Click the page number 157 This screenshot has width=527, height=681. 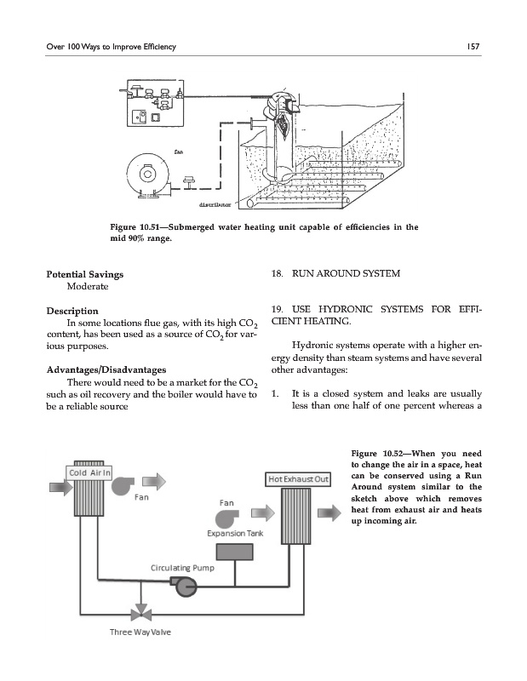pyautogui.click(x=475, y=45)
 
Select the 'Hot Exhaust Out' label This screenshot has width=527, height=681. pyautogui.click(x=298, y=479)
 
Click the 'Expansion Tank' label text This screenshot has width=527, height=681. pyautogui.click(x=235, y=533)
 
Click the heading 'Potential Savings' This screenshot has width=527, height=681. pyautogui.click(x=84, y=275)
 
